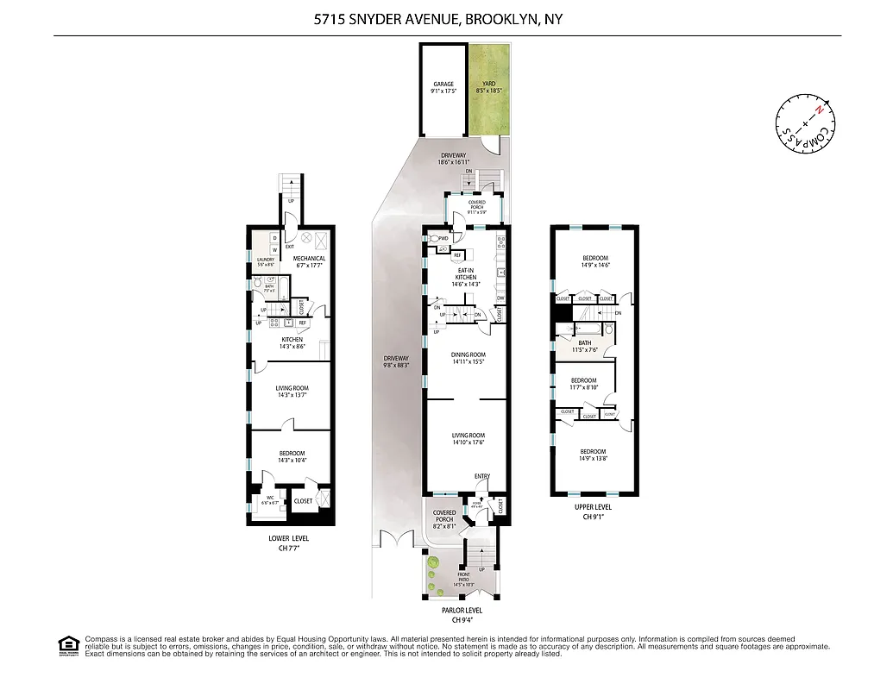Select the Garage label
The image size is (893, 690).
[443, 85]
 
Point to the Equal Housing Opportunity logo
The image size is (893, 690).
[67, 645]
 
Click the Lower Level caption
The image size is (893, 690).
[288, 538]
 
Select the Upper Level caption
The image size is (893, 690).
[593, 507]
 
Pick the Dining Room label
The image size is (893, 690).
[469, 354]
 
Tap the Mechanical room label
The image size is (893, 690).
[308, 258]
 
